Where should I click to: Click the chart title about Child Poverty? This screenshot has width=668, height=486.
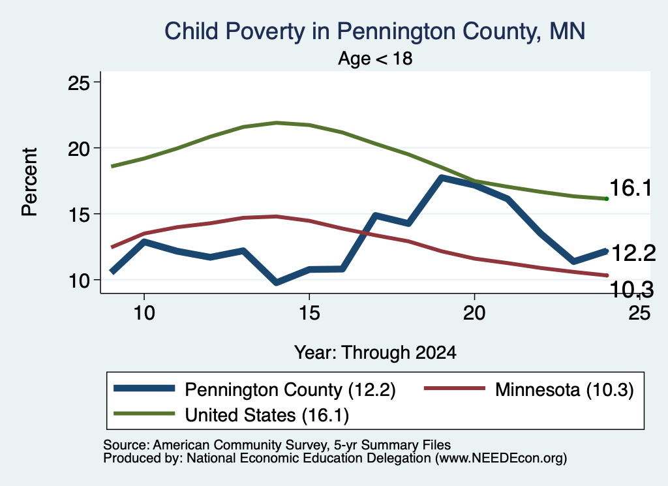(375, 31)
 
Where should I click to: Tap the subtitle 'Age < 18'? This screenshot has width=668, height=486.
(375, 58)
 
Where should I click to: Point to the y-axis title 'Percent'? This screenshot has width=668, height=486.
(30, 182)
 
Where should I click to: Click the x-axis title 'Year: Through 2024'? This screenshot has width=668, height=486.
(375, 353)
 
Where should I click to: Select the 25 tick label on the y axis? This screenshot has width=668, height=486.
(79, 83)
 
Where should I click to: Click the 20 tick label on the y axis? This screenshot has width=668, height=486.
(79, 149)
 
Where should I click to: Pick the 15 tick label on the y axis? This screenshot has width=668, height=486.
(79, 215)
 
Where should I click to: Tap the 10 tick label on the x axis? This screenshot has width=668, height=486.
(144, 313)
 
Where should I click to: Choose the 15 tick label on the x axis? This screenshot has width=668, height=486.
(309, 313)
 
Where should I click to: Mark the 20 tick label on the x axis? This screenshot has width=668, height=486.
(474, 313)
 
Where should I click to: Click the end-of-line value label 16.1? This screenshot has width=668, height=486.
(631, 188)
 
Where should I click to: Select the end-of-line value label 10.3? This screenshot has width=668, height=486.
(632, 290)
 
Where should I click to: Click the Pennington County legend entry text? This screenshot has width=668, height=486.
(290, 389)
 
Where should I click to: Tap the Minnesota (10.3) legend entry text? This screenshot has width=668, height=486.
(564, 389)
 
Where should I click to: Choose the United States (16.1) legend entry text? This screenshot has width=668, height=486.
(267, 415)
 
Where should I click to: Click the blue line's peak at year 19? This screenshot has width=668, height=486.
(442, 177)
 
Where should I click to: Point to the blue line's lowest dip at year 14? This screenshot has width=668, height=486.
(277, 282)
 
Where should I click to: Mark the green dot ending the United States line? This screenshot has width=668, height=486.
(607, 199)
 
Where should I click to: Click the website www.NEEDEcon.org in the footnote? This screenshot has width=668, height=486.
(500, 458)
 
